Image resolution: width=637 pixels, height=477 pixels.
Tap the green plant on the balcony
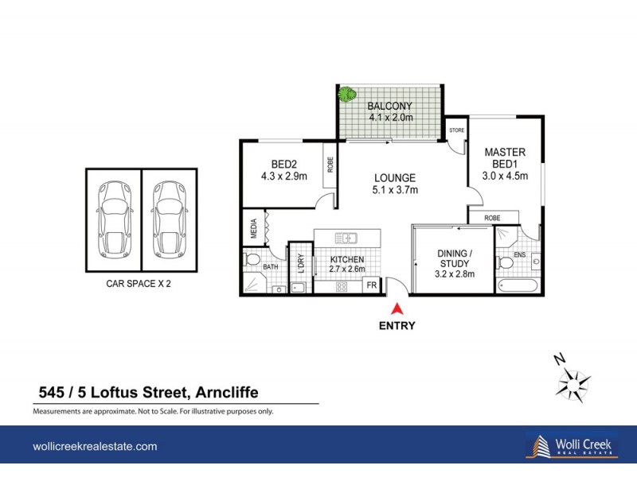[346, 95]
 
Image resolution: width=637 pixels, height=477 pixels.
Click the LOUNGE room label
[395, 177]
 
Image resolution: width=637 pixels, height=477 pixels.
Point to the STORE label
[456, 129]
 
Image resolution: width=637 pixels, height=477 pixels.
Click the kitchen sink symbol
[346, 237]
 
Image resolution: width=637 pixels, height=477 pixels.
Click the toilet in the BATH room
[252, 260]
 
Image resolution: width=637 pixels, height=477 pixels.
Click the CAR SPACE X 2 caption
[139, 282]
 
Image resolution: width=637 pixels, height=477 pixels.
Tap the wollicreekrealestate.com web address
[95, 447]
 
